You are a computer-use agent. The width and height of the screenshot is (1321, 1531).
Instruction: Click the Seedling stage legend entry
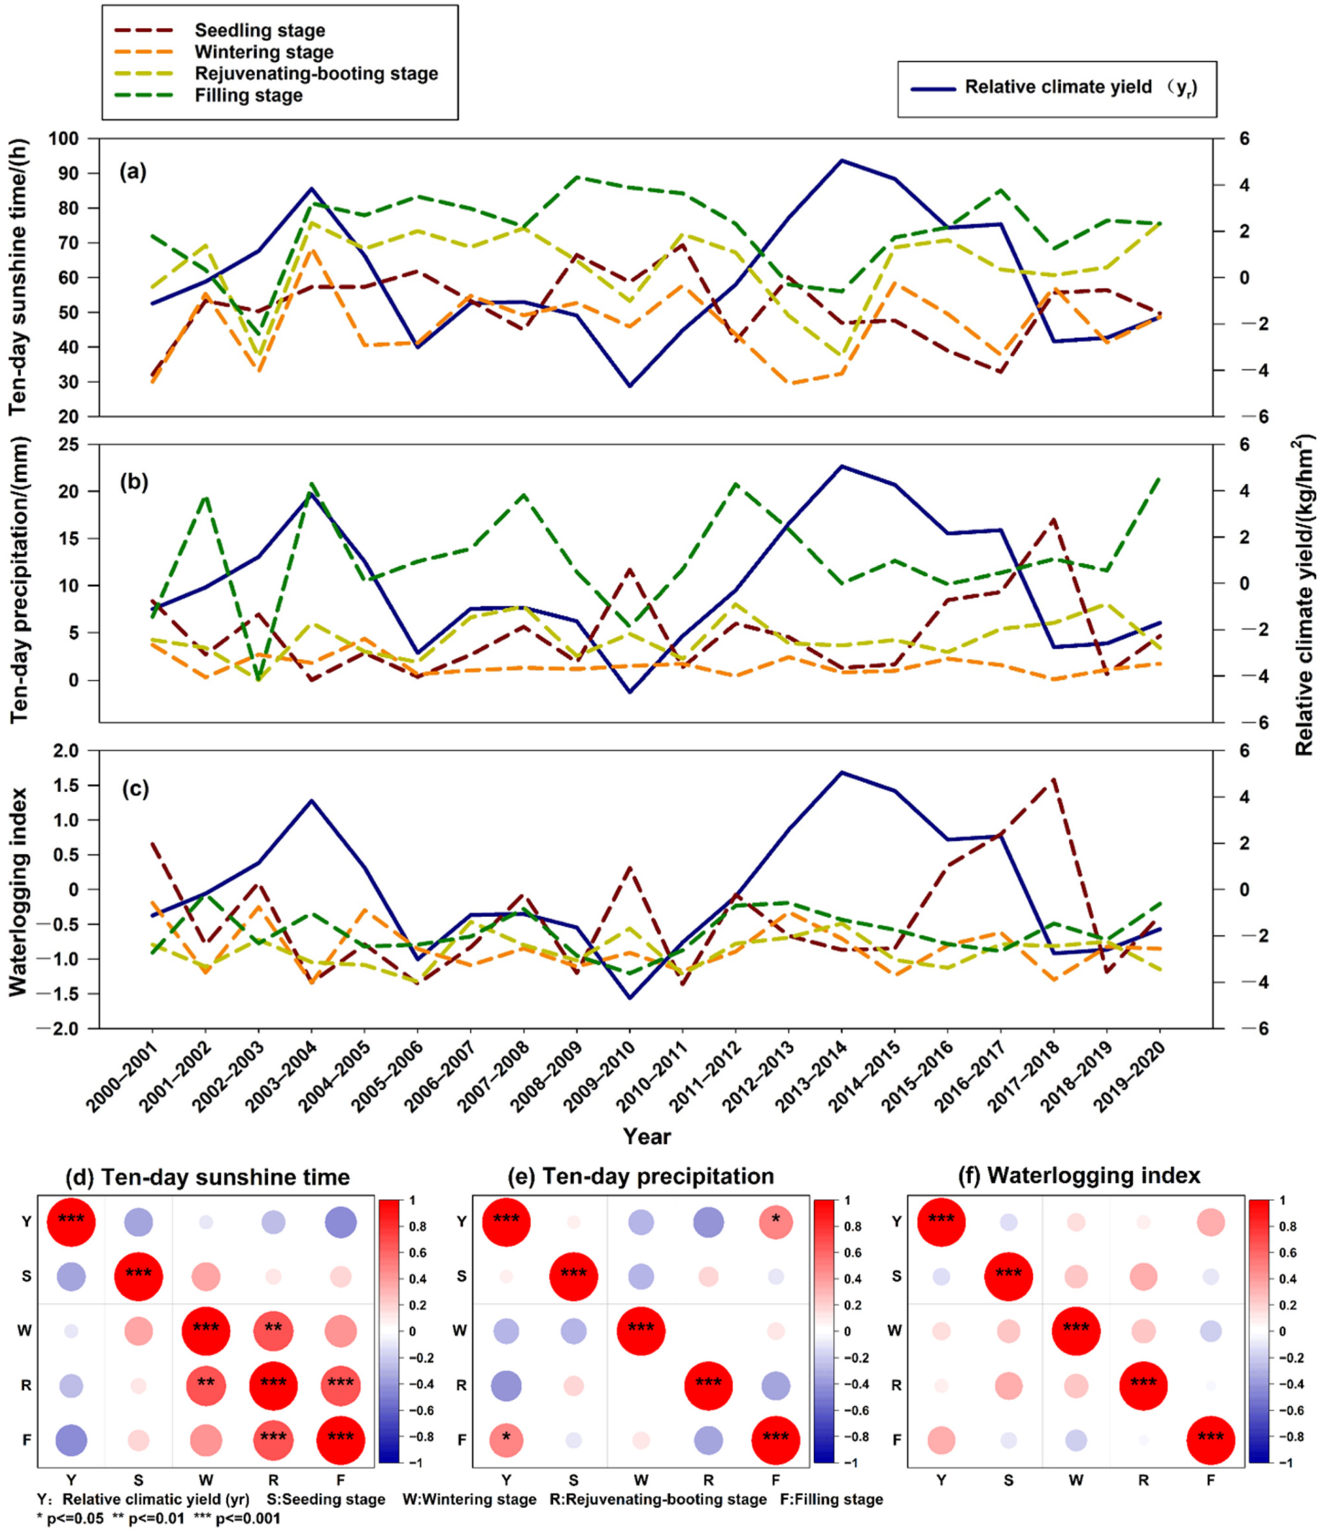[x=259, y=30]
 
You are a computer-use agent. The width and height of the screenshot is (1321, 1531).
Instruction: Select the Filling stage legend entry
[x=248, y=95]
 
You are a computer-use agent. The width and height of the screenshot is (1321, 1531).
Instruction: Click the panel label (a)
[x=134, y=172]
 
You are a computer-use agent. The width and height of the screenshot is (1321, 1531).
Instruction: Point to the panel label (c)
[x=134, y=789]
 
